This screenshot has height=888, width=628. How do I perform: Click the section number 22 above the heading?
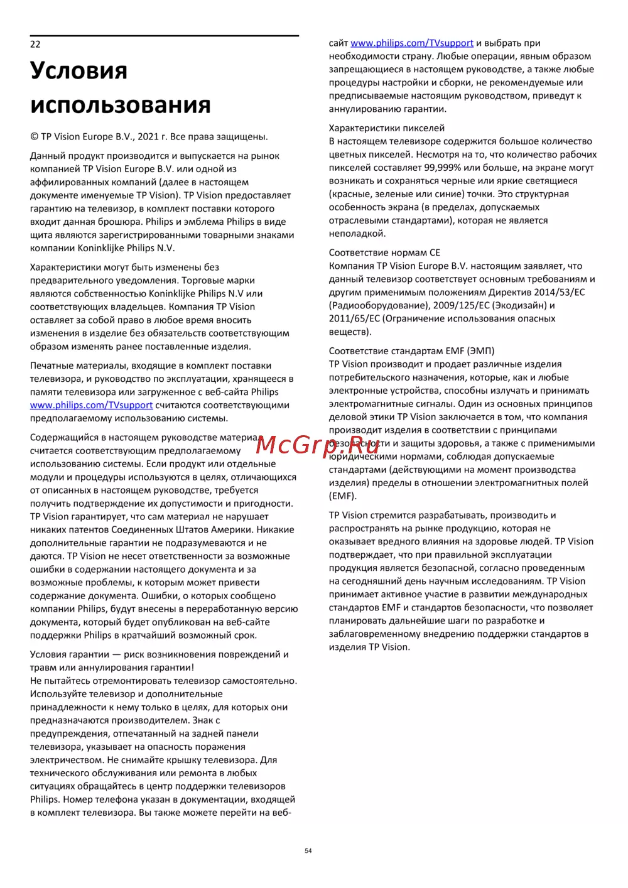click(x=35, y=44)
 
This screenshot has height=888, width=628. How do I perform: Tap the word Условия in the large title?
click(x=78, y=70)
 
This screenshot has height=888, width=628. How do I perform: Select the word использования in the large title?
click(x=120, y=105)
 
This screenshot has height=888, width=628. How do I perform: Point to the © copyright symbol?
click(x=34, y=137)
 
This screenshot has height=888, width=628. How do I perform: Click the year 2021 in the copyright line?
click(x=148, y=137)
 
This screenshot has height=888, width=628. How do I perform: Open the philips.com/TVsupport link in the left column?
click(x=91, y=406)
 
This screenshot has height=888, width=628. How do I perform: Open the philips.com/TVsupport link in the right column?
click(x=412, y=43)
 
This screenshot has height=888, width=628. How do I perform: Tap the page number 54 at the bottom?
click(x=308, y=851)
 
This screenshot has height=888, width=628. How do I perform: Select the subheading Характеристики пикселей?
click(x=386, y=128)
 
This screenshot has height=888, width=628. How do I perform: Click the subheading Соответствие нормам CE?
click(x=384, y=253)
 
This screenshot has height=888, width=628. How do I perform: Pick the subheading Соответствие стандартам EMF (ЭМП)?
click(x=411, y=351)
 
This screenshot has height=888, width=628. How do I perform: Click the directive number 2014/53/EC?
click(x=559, y=293)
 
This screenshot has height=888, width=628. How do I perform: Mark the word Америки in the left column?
click(x=229, y=530)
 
